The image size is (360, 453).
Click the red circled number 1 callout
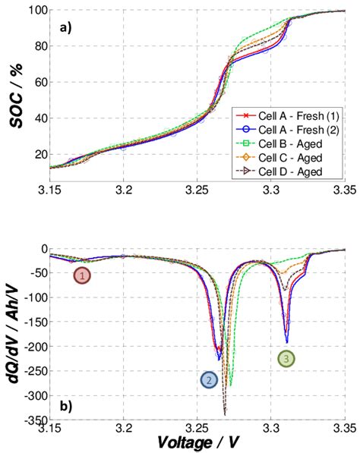point(82,275)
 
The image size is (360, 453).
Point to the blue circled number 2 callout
point(208,380)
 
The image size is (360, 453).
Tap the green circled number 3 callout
point(286,359)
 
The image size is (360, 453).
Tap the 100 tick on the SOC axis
point(37,11)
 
